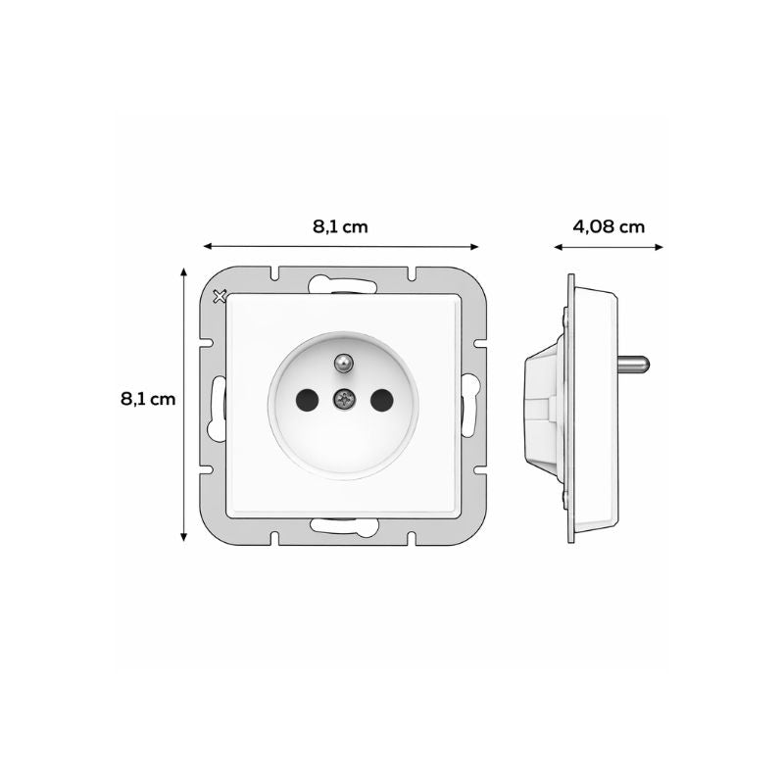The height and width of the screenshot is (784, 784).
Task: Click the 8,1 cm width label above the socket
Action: point(340,226)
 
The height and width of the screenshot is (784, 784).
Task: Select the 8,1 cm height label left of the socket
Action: point(148,399)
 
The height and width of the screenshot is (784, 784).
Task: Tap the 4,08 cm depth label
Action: point(609,226)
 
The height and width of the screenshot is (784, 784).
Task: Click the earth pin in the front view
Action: point(343,363)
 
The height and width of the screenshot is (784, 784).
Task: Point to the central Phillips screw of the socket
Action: point(343,398)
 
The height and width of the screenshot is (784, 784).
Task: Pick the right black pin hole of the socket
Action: point(380,398)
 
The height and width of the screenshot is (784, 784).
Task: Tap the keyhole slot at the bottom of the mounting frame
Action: point(342,525)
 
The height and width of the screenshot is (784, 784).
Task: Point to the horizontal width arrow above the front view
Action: point(340,247)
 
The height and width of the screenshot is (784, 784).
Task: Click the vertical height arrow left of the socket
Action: point(184,404)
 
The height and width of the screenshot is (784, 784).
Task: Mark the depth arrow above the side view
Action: point(609,247)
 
